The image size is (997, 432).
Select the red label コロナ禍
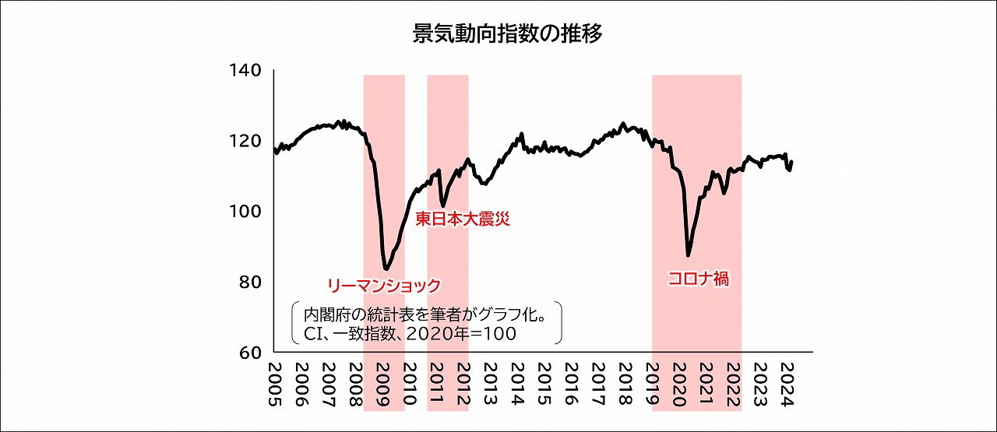click(x=699, y=278)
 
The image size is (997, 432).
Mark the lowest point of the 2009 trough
click(x=386, y=269)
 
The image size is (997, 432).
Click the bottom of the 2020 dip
click(x=688, y=255)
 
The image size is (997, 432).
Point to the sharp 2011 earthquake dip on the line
click(x=443, y=205)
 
